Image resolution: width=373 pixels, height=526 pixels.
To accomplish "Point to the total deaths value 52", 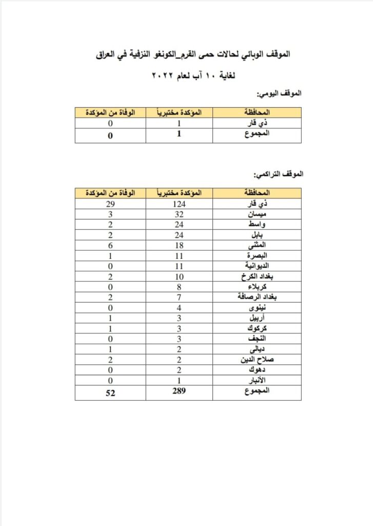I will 110,392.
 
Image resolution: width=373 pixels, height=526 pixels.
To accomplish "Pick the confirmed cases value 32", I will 179,215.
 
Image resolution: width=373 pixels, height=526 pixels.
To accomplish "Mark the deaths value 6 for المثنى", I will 110,245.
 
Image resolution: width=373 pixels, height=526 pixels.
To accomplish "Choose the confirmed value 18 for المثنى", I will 179,245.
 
